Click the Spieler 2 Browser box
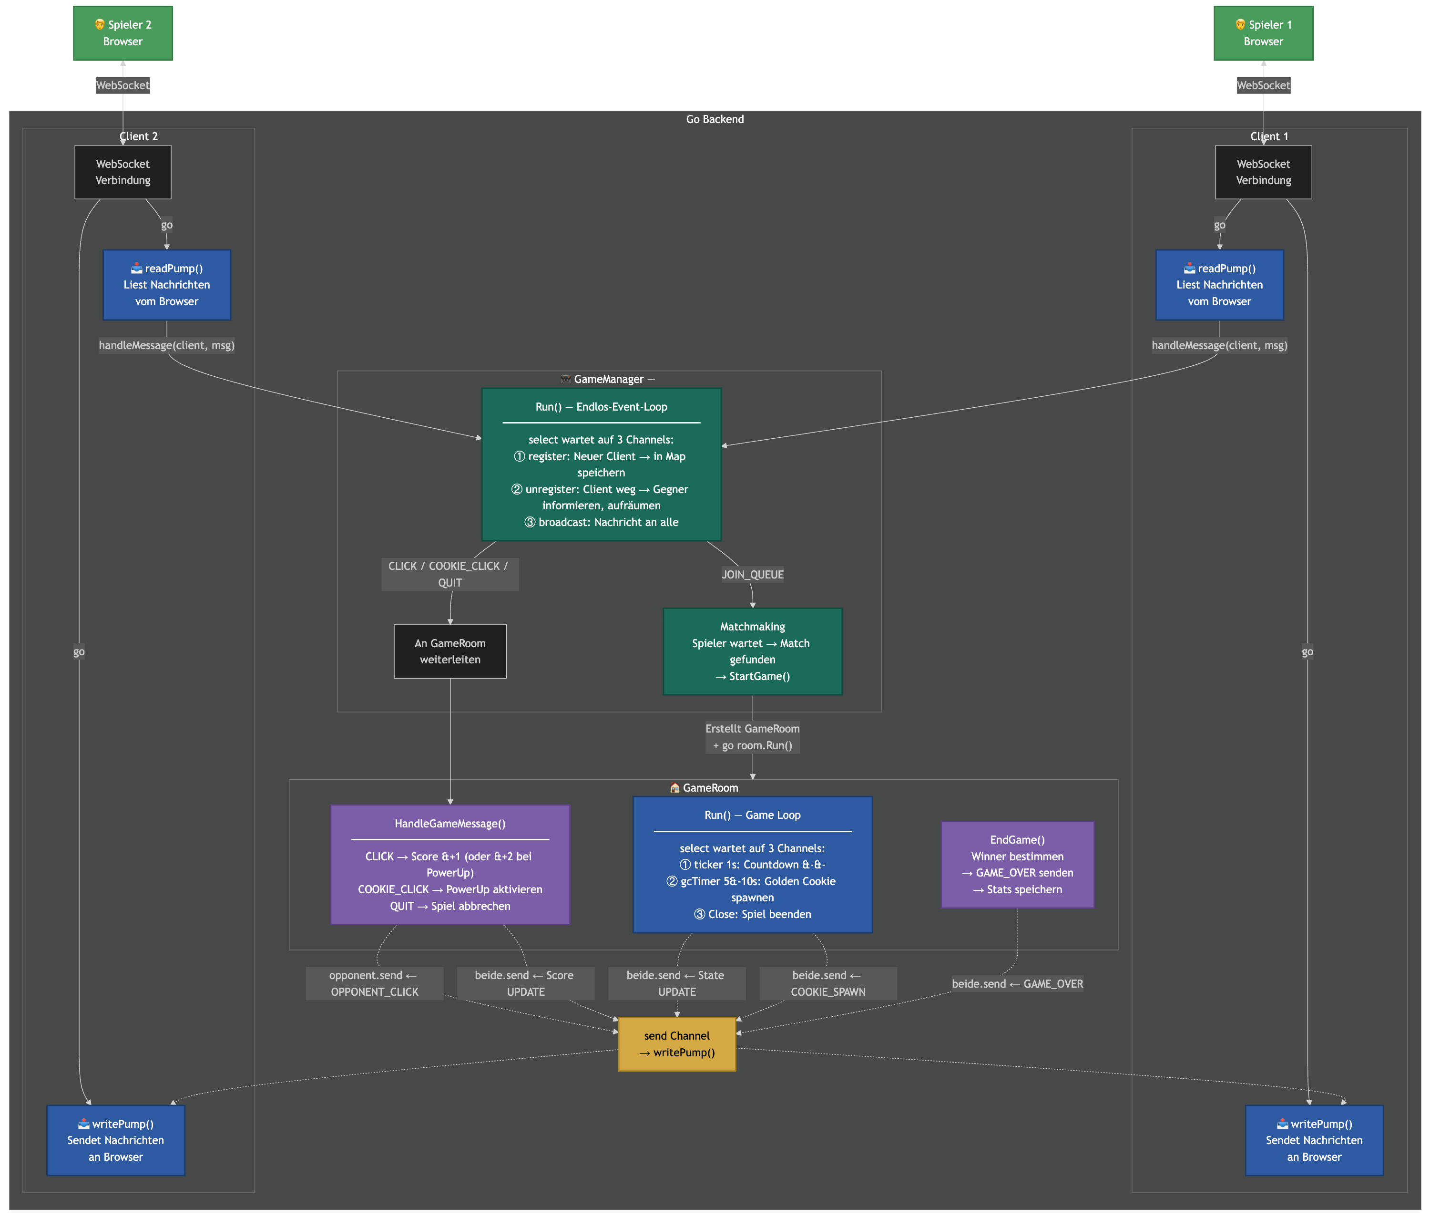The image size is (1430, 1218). click(x=123, y=33)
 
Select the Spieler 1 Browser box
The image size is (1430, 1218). click(x=1263, y=33)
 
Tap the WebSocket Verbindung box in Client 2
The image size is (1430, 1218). click(x=123, y=172)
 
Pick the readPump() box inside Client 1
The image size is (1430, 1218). click(x=1219, y=285)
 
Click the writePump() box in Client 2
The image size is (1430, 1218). click(x=115, y=1140)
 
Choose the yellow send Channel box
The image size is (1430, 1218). click(x=676, y=1044)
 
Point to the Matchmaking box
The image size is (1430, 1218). click(x=752, y=651)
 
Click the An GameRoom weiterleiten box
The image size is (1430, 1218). click(x=450, y=651)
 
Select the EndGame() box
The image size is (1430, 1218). click(x=1017, y=865)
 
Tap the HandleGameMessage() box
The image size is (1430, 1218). click(x=450, y=865)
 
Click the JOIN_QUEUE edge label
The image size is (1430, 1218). click(x=752, y=575)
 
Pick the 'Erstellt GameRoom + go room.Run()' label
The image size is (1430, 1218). click(x=752, y=737)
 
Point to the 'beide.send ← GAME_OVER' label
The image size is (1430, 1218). click(x=1017, y=983)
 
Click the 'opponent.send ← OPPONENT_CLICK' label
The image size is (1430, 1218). click(x=374, y=983)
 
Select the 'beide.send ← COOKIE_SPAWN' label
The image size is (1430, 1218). click(x=827, y=983)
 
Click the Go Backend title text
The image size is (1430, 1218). click(x=715, y=119)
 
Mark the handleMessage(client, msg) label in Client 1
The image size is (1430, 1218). click(x=1219, y=345)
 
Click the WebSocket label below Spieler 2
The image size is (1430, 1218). click(x=123, y=86)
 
